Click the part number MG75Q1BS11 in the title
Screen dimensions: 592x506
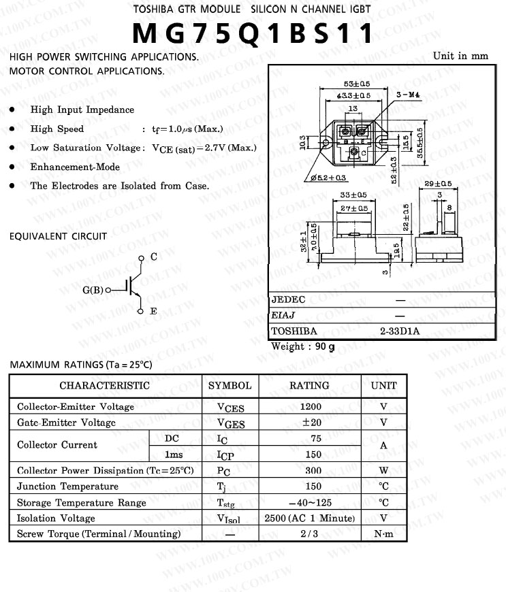point(253,34)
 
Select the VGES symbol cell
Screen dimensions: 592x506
point(230,423)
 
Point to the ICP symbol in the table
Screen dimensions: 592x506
point(225,455)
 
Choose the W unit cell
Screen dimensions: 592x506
point(383,470)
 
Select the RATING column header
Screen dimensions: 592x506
point(309,385)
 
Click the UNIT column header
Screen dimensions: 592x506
point(383,385)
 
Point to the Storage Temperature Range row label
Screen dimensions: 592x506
point(82,503)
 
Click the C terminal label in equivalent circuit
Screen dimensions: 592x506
point(154,257)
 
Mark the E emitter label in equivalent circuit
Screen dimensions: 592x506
point(154,311)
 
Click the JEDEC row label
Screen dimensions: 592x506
point(289,299)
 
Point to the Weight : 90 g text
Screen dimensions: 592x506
point(303,346)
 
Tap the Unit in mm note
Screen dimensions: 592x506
point(460,56)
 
